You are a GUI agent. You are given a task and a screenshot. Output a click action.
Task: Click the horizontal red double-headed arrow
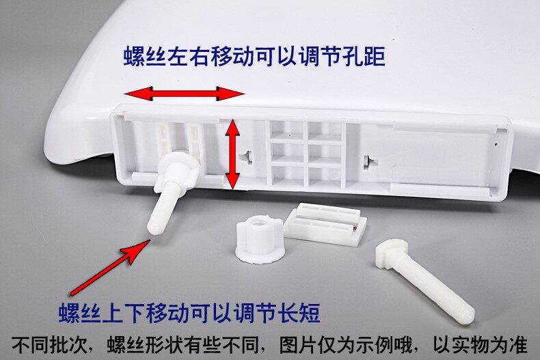(185, 94)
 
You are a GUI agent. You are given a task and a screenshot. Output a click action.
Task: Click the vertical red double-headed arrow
(233, 154)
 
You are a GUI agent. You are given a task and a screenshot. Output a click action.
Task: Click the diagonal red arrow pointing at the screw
(110, 267)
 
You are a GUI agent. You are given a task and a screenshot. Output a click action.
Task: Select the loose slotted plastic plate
(325, 223)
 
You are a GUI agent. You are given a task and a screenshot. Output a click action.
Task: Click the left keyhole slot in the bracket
(247, 156)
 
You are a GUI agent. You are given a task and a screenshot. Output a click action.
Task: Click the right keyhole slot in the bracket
(368, 161)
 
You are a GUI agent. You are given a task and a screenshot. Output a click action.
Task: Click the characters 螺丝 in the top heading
(145, 56)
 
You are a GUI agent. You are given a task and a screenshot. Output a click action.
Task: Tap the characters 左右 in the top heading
(189, 56)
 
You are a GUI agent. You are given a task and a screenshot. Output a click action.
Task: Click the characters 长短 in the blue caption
(299, 313)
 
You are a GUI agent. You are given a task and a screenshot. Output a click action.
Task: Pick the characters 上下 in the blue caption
(124, 313)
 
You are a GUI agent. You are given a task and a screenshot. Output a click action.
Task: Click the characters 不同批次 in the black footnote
(49, 344)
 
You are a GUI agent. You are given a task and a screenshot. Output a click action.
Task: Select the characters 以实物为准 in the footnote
(480, 344)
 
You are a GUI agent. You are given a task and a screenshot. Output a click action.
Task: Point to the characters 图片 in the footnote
(298, 344)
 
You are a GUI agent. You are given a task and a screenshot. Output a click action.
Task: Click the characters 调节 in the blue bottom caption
(255, 313)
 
